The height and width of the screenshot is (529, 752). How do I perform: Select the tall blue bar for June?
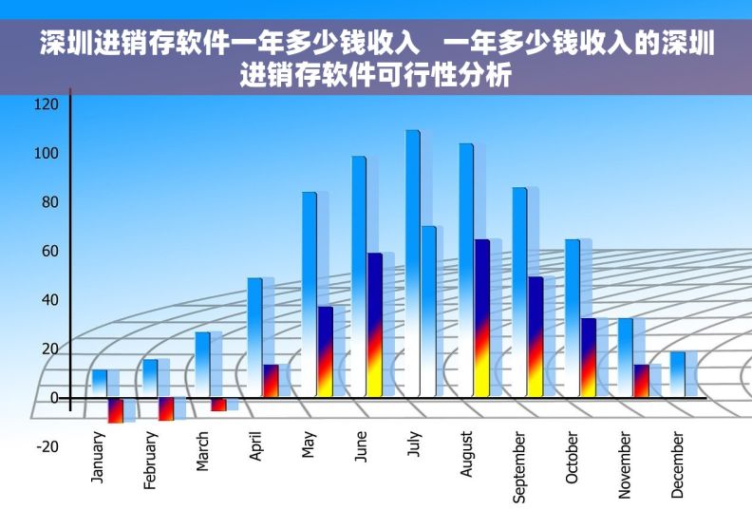[359, 275]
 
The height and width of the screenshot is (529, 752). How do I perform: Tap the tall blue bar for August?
[466, 270]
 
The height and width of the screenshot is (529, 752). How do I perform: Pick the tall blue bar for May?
[310, 293]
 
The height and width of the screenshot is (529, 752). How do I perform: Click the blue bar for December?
[677, 374]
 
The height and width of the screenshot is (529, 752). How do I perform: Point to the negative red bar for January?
[115, 410]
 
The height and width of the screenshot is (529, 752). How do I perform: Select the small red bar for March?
[219, 405]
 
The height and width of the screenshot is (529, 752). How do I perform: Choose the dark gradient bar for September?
[536, 336]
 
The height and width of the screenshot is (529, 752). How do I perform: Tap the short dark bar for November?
[642, 380]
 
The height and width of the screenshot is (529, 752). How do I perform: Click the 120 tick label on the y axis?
[47, 104]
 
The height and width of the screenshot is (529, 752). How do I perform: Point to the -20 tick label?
[47, 446]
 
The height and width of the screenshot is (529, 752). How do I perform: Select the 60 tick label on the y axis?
[48, 251]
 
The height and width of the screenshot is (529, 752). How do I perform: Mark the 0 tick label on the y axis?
[54, 398]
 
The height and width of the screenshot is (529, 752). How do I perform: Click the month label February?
[151, 461]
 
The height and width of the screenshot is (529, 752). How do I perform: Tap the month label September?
[519, 467]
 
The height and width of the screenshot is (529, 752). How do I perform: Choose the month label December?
[677, 464]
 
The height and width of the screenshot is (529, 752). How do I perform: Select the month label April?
[256, 446]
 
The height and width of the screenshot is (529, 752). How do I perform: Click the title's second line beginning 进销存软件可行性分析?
[376, 74]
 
